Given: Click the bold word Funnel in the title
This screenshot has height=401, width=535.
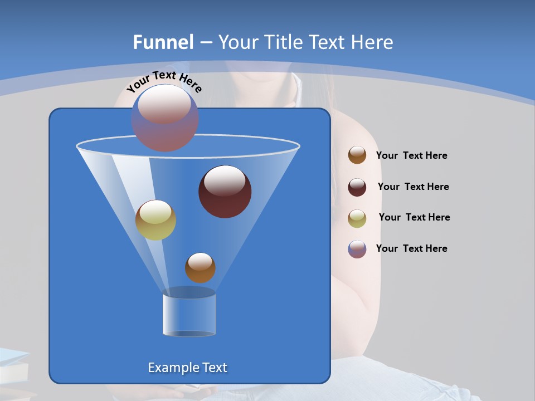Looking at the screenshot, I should tap(163, 42).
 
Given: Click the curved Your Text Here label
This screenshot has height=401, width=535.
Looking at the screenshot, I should tap(164, 81).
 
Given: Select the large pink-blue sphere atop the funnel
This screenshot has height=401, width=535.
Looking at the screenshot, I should tap(165, 118).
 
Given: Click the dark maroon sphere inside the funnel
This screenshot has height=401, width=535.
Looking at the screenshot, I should tap(225, 192).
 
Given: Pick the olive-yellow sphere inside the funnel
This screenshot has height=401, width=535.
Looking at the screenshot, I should tap(156, 220).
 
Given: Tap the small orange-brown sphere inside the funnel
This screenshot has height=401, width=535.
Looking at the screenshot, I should tap(200, 268).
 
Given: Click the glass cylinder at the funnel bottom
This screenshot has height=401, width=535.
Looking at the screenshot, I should tap(189, 312).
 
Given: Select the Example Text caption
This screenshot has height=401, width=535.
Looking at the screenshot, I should tap(188, 368).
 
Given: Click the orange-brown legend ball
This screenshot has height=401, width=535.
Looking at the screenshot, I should tap(357, 155).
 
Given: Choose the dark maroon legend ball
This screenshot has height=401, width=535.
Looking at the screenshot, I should tap(357, 187).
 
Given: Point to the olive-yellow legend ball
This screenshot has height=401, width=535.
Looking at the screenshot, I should tap(357, 218).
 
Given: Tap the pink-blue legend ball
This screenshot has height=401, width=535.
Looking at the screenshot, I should tap(357, 249).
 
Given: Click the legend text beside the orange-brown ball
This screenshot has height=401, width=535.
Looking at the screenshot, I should tap(411, 156).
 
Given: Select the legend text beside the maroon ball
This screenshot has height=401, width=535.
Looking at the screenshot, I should tap(413, 187).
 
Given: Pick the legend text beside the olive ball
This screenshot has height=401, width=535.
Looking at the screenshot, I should tap(414, 218).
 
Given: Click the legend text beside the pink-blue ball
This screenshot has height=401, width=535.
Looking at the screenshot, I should tap(411, 249).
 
